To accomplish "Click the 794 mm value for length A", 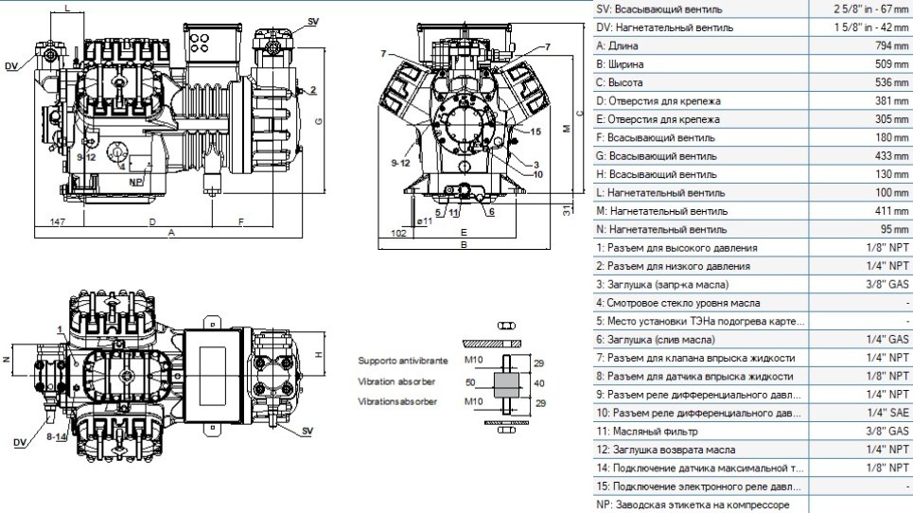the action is click(891, 45).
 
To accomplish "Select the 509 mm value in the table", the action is click(891, 64).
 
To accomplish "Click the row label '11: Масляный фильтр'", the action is click(646, 432).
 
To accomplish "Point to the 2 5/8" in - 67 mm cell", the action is click(870, 9).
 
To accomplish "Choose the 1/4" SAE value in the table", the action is click(887, 413).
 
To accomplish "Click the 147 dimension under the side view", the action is click(58, 221).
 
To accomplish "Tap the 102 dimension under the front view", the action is click(398, 234).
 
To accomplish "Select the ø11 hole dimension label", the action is click(425, 221).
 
